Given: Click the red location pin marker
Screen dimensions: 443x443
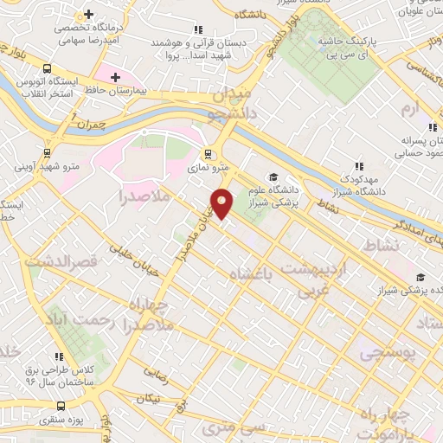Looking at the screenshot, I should click(x=222, y=202).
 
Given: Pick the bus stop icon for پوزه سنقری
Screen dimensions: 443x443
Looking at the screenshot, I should click(x=60, y=405).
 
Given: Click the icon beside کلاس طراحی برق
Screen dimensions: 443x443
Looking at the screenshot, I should click(x=59, y=356).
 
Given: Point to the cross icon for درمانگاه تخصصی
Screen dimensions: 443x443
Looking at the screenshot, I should click(x=89, y=14).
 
